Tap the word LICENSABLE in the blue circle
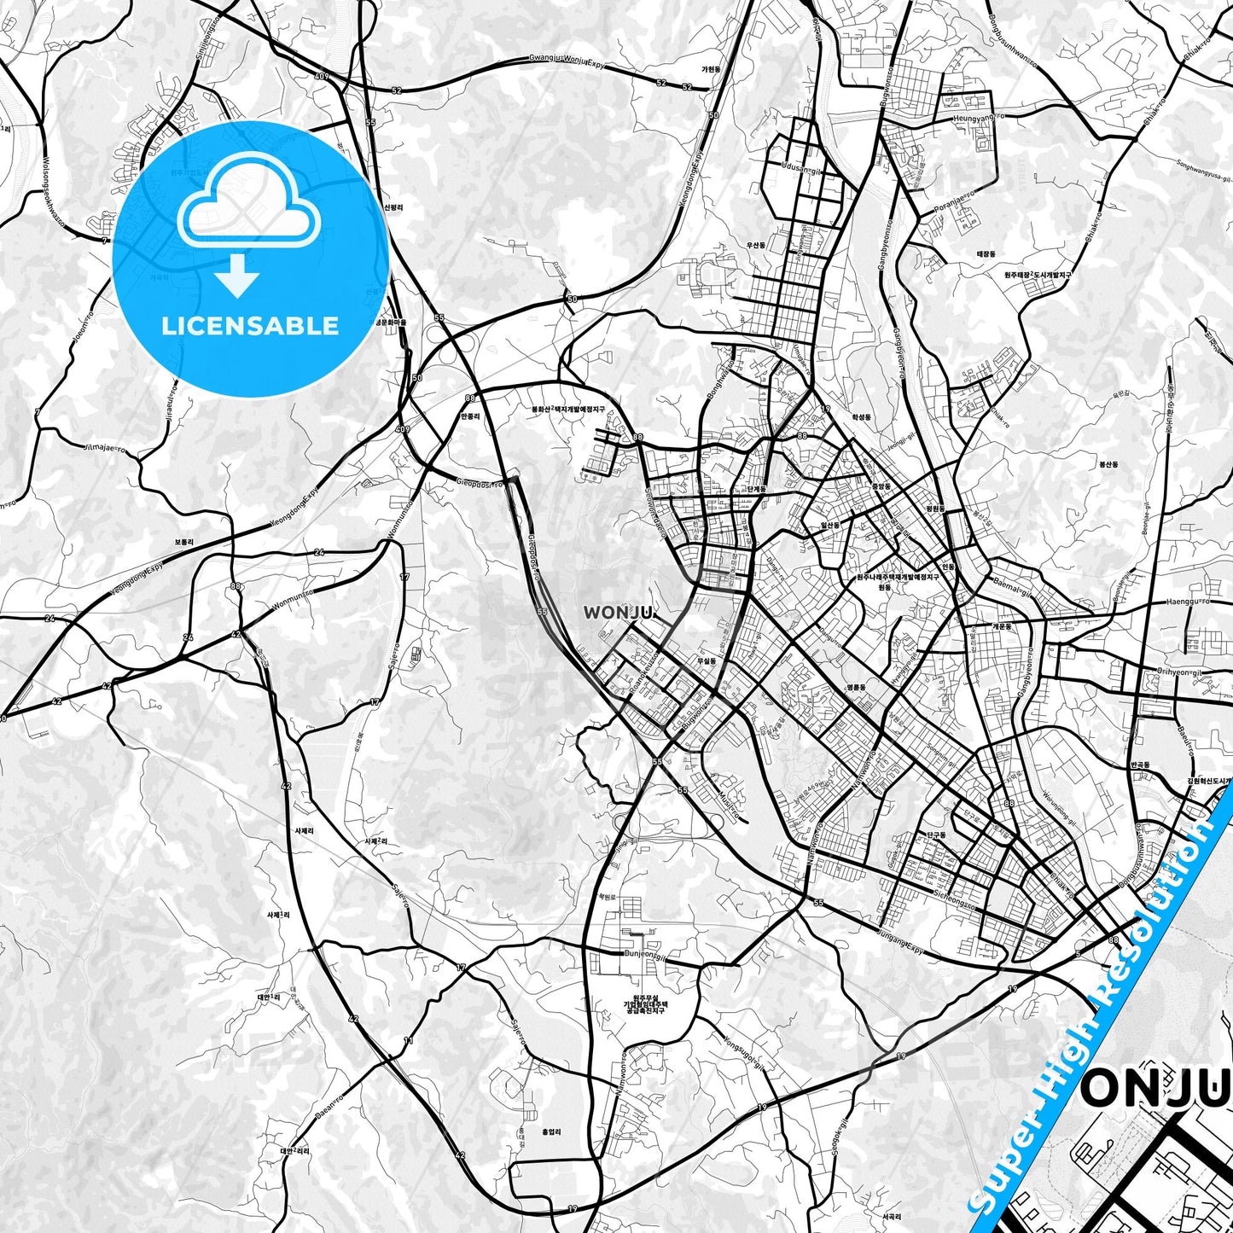[x=250, y=325]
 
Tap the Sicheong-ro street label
[x=957, y=896]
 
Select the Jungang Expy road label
[x=901, y=942]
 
